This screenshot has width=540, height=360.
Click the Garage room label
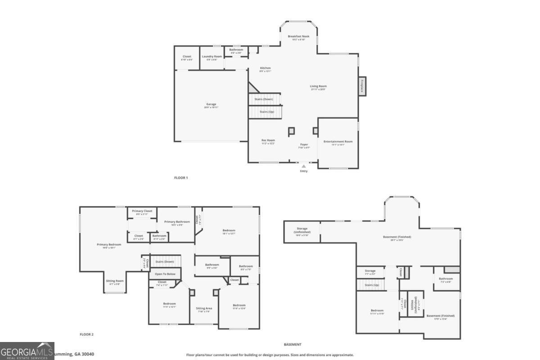coord(211,104)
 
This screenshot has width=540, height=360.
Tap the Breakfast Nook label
coord(299,36)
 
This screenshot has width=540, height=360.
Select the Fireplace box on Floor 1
coord(362,86)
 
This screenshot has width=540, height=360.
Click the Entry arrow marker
coord(304,166)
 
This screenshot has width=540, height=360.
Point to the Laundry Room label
coord(212,56)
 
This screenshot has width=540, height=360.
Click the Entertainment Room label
coord(338,142)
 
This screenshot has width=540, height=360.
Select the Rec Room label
coord(268,140)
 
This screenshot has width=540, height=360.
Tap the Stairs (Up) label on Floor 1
coord(267,112)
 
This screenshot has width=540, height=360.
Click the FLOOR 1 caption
coord(181,178)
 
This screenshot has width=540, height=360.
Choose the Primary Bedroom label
coord(109,245)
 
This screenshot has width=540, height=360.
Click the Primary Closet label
coord(142,211)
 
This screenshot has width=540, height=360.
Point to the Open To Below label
coord(165,274)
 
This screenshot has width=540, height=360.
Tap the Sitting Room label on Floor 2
coord(115,281)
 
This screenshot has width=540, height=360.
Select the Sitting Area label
coord(204,309)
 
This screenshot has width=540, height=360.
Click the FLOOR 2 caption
coord(86,334)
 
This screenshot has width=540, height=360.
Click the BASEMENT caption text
coord(292,345)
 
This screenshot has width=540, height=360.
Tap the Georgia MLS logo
coord(27,351)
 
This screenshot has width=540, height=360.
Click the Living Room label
coord(318,86)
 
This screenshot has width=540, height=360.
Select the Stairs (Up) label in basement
coord(371,285)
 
